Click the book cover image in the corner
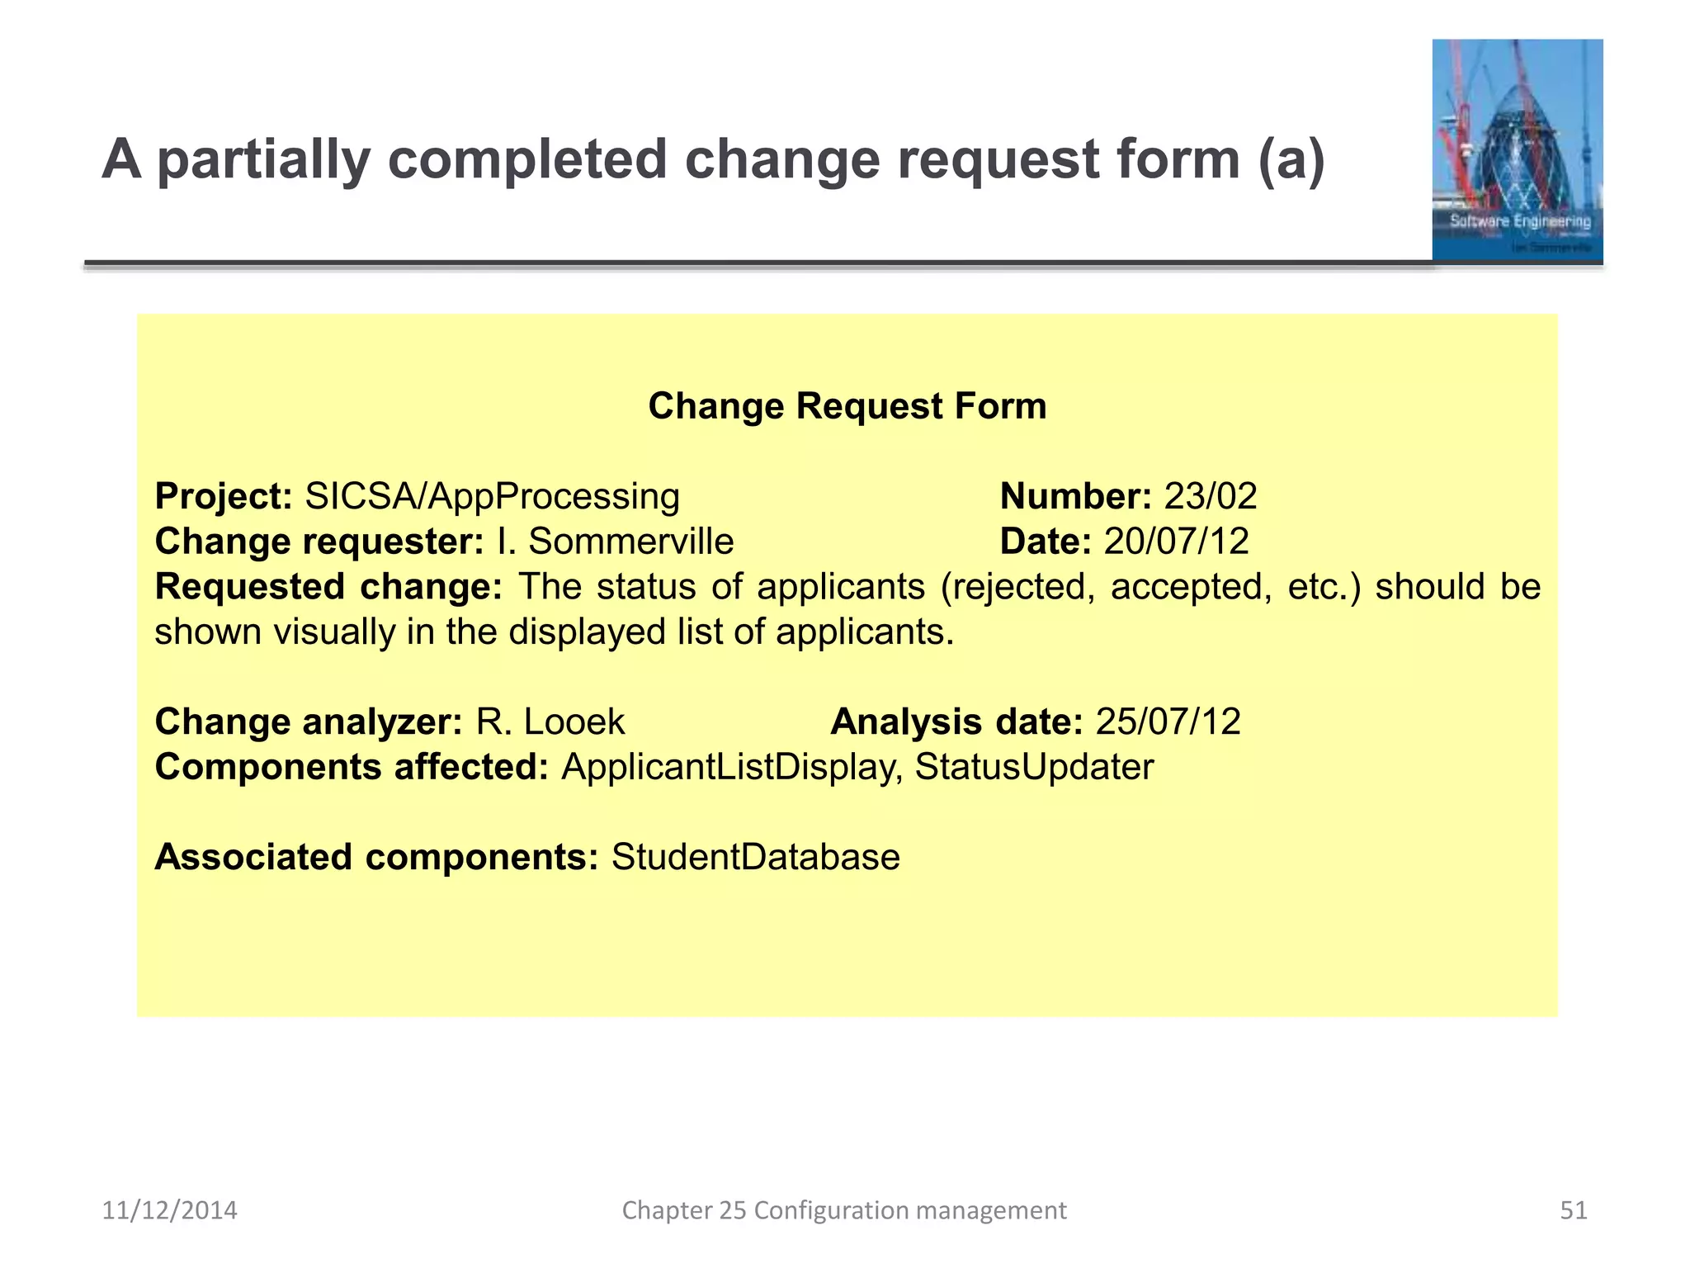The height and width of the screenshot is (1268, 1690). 1517,150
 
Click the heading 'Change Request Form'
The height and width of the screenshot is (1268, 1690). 847,406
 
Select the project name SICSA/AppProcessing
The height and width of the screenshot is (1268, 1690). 492,497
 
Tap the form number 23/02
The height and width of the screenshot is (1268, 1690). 1211,497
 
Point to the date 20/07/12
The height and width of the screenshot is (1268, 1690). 1176,542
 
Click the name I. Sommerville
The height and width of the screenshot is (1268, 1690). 615,542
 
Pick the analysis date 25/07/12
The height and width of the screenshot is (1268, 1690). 1168,722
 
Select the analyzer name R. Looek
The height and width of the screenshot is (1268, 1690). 550,722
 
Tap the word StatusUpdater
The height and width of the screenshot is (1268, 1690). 1034,768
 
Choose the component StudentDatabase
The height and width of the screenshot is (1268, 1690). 755,858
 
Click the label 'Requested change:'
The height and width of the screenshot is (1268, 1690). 328,587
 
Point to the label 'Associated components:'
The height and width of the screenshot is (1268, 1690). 376,858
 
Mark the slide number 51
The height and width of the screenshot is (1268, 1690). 1573,1210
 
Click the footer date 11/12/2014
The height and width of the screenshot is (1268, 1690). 169,1210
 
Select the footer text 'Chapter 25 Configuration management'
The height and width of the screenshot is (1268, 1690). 843,1210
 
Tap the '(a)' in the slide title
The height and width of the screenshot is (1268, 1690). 1291,159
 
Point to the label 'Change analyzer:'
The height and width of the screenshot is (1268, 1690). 309,722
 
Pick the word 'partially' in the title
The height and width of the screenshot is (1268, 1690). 263,159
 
